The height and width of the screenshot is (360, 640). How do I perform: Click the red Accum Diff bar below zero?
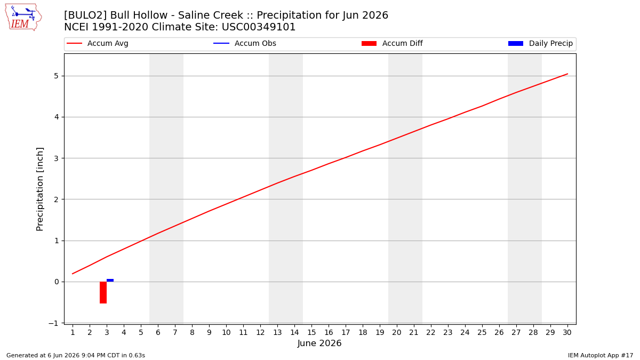click(103, 293)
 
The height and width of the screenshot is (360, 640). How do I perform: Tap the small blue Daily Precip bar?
click(110, 281)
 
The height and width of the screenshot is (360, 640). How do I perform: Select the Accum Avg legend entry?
click(98, 43)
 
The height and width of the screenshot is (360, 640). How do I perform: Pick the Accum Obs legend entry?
click(245, 43)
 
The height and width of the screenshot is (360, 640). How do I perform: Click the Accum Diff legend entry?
click(392, 43)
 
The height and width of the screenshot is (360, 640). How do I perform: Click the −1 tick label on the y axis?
click(53, 323)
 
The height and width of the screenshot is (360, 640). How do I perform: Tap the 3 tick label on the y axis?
click(57, 158)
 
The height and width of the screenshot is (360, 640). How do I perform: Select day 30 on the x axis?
click(567, 332)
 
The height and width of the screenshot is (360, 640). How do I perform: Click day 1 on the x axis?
click(73, 332)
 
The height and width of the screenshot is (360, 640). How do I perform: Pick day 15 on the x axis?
click(311, 332)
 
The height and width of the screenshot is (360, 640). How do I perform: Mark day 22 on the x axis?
click(431, 332)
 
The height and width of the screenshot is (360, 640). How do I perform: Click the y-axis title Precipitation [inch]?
click(39, 189)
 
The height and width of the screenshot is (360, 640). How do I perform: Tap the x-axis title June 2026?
click(319, 343)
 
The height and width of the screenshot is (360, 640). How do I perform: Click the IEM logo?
click(23, 18)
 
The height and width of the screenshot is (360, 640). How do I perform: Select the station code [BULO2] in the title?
click(85, 15)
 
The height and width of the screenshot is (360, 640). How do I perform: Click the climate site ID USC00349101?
click(259, 27)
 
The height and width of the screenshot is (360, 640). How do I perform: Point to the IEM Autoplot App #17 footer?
click(601, 355)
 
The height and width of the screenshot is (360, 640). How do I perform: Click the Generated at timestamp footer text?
click(76, 355)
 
